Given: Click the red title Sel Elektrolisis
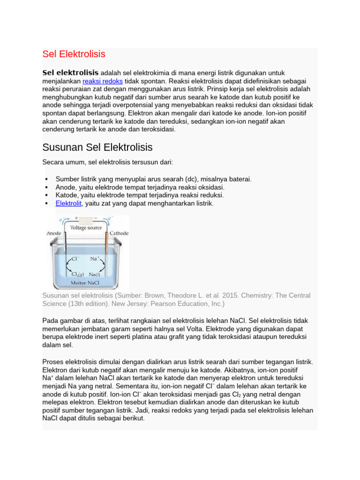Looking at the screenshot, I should [74, 54].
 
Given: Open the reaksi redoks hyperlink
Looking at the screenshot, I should [103, 81].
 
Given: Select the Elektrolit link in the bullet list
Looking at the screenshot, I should [68, 203].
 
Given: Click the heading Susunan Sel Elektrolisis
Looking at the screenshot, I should [97, 147].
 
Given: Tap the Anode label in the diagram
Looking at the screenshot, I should [55, 233].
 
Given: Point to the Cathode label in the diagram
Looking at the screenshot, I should [119, 233].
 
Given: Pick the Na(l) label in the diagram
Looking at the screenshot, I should [97, 275].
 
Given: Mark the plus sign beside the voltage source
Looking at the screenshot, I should [76, 218].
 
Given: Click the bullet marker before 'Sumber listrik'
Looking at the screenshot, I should [46, 180].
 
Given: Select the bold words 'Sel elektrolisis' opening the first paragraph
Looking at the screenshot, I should [70, 73].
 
